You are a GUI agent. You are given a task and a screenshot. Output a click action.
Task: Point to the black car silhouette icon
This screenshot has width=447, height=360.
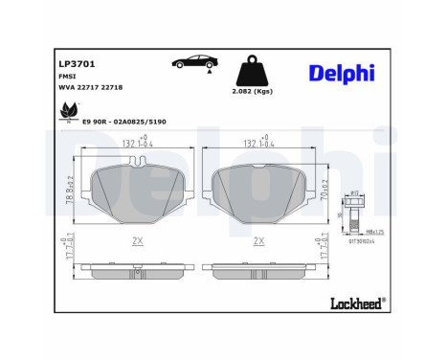pyautogui.click(x=192, y=63)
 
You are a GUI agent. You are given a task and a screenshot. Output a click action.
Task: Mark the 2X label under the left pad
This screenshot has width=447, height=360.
pyautogui.click(x=141, y=242)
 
